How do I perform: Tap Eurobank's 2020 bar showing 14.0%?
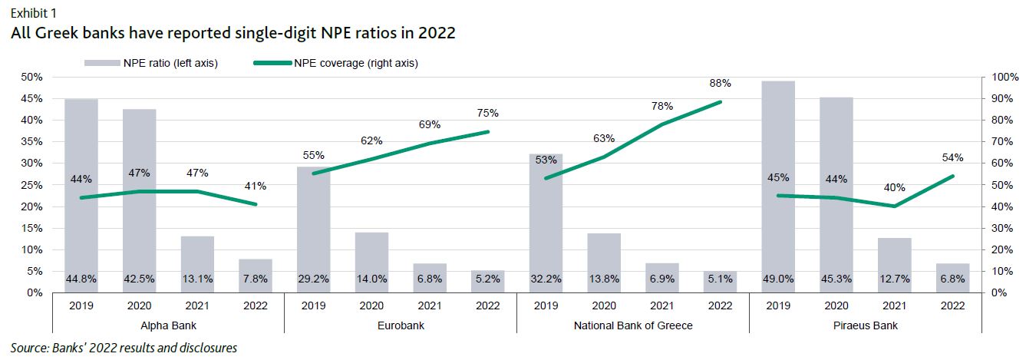click(x=371, y=262)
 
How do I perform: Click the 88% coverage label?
click(x=720, y=83)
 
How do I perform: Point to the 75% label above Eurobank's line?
click(x=487, y=113)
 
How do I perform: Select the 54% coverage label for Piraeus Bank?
click(x=952, y=157)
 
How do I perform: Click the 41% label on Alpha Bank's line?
click(x=256, y=185)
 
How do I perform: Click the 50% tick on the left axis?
click(x=31, y=78)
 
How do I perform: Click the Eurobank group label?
click(x=401, y=325)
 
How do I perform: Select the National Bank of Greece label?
click(x=633, y=325)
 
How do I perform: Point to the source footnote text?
click(x=124, y=348)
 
